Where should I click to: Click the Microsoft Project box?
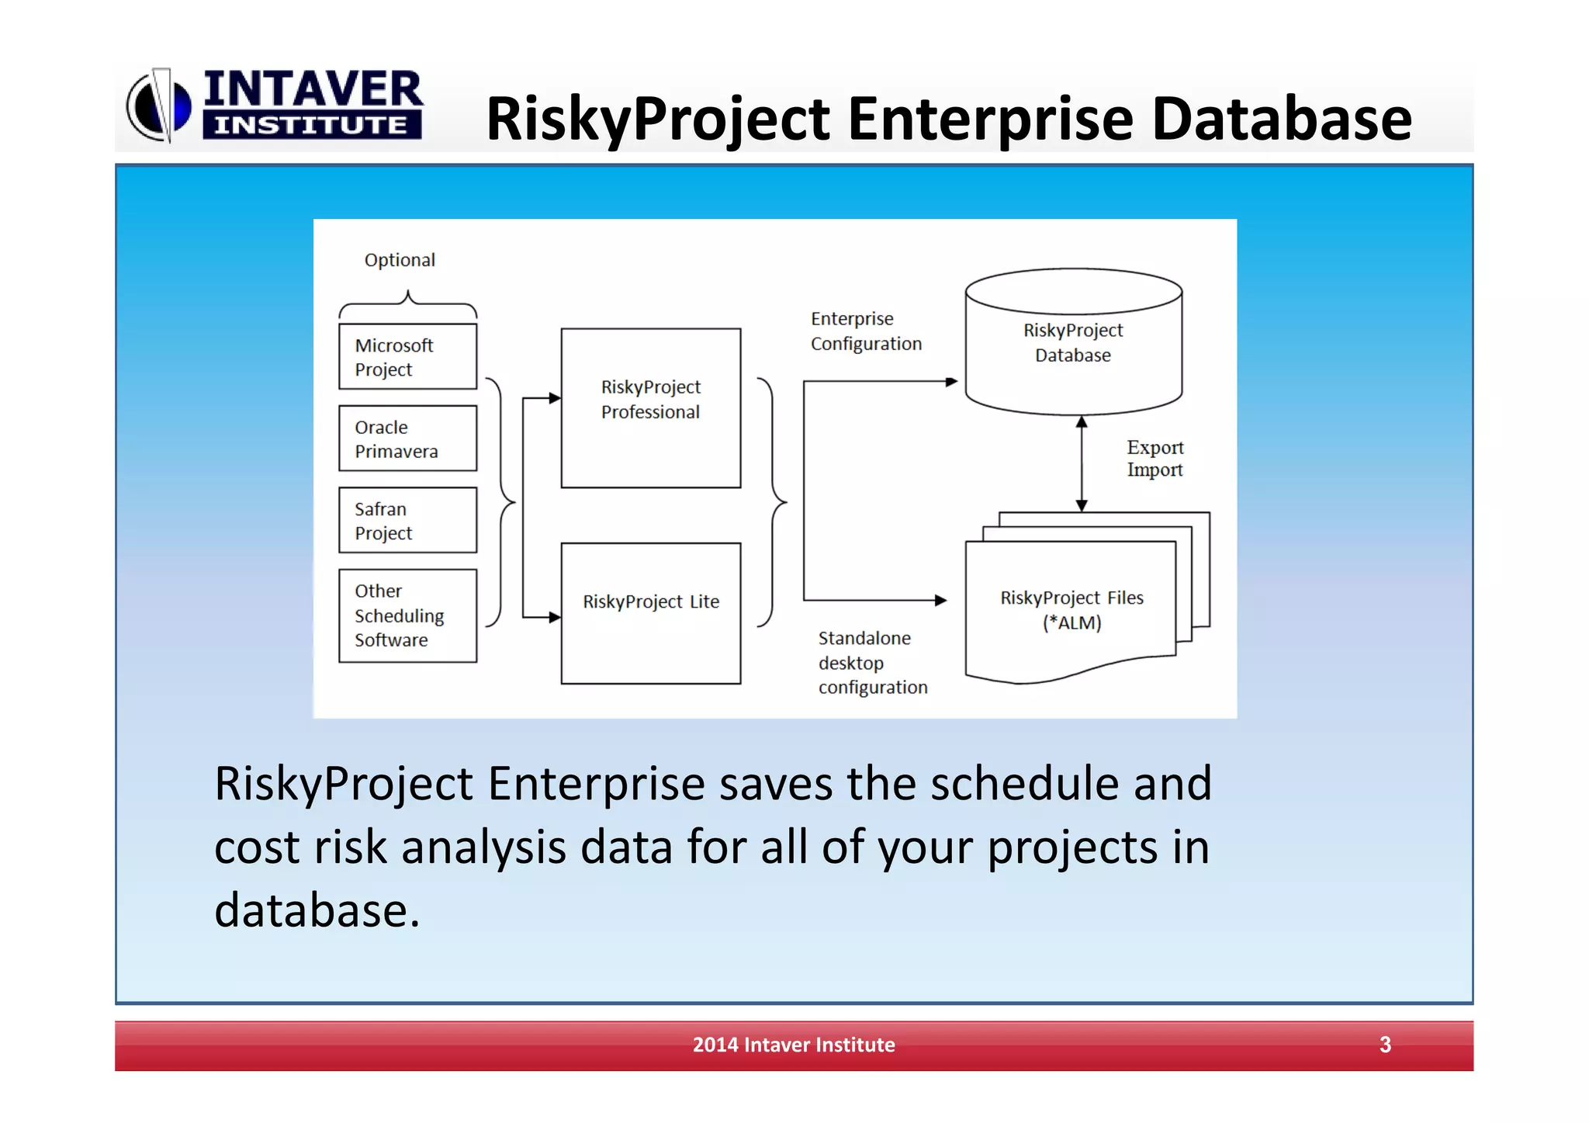(407, 356)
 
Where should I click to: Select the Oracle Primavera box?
(407, 438)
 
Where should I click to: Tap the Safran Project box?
(407, 520)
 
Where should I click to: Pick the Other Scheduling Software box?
(407, 615)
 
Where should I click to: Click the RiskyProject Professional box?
(650, 407)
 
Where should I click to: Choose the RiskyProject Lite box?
(650, 612)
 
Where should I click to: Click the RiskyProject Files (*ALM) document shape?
(1071, 610)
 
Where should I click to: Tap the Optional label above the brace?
(400, 260)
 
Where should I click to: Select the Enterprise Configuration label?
(865, 331)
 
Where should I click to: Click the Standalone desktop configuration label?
(871, 662)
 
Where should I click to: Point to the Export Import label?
(1155, 459)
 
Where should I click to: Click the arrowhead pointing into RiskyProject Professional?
(555, 398)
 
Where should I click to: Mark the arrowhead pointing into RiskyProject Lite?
(555, 617)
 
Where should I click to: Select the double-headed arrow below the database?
(1082, 463)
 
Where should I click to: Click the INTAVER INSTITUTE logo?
(275, 105)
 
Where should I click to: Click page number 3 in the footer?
(1385, 1045)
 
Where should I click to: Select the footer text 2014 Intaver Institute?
(793, 1045)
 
